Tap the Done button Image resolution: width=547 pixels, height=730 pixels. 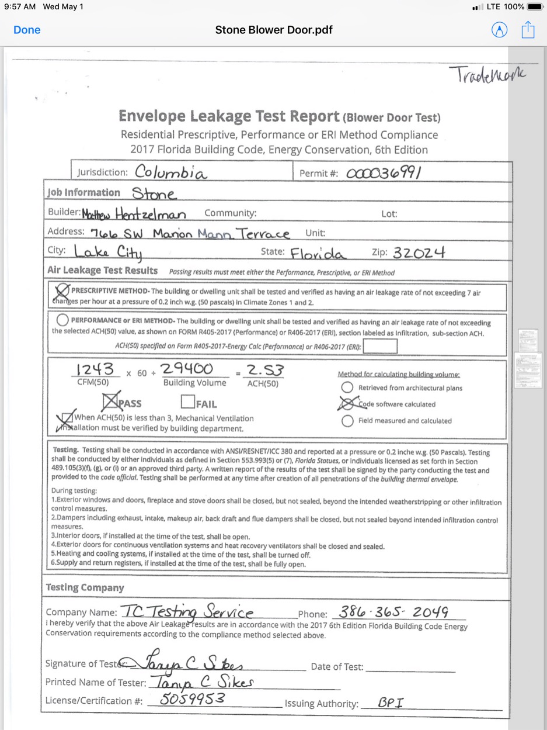(x=27, y=30)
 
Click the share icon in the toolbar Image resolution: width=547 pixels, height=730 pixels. (x=528, y=30)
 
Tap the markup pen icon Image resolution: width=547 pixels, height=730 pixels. (x=500, y=30)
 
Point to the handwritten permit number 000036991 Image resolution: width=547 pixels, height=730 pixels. (x=384, y=173)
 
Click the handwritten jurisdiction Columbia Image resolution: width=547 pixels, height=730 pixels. (x=170, y=172)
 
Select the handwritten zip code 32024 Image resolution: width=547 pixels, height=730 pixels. (x=419, y=252)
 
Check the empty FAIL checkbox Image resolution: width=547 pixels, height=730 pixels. (x=187, y=402)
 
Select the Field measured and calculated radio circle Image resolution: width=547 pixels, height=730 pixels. (x=347, y=421)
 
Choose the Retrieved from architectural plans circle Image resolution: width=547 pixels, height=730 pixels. (x=347, y=388)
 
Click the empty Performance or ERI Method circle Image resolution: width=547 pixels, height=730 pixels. (x=62, y=320)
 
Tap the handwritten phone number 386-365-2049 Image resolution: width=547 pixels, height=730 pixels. (x=394, y=612)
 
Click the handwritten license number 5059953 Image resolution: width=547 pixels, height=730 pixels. (x=193, y=699)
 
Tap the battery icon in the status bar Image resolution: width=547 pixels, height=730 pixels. (x=535, y=6)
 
